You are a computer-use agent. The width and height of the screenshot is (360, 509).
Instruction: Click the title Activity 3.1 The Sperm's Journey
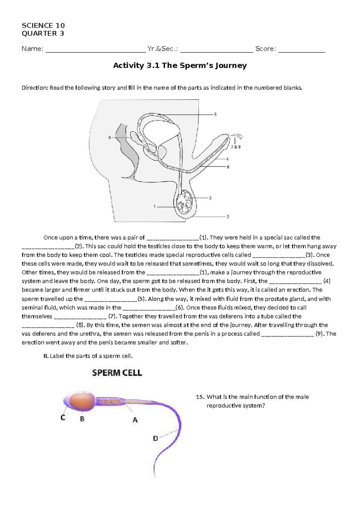pyautogui.click(x=180, y=66)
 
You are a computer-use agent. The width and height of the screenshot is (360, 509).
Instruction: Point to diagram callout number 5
pyautogui.click(x=215, y=114)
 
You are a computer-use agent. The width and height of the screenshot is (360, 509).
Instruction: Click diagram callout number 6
pyautogui.click(x=110, y=137)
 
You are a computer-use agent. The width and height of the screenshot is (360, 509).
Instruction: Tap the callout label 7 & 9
pyautogui.click(x=235, y=147)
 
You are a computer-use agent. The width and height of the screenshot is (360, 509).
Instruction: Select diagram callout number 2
pyautogui.click(x=228, y=216)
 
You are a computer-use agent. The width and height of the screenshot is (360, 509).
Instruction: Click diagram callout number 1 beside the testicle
pyautogui.click(x=155, y=206)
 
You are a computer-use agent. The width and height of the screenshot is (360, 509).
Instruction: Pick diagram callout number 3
pyautogui.click(x=210, y=198)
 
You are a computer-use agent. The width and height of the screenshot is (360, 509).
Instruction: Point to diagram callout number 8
pyautogui.click(x=228, y=167)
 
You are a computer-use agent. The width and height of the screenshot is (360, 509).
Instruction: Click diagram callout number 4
pyautogui.click(x=227, y=159)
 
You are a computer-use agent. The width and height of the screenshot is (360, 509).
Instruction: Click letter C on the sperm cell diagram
pyautogui.click(x=63, y=417)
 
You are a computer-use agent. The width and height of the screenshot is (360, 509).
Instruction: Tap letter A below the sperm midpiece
pyautogui.click(x=135, y=420)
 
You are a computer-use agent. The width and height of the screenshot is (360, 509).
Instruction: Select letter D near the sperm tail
pyautogui.click(x=155, y=438)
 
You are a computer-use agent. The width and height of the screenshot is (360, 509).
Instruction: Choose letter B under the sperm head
pyautogui.click(x=82, y=419)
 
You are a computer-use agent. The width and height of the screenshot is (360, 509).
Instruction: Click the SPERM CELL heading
pyautogui.click(x=117, y=373)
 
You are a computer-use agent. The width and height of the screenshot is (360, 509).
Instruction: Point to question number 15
pyautogui.click(x=200, y=397)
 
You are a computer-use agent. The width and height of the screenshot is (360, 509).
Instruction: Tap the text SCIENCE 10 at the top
pyautogui.click(x=43, y=26)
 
